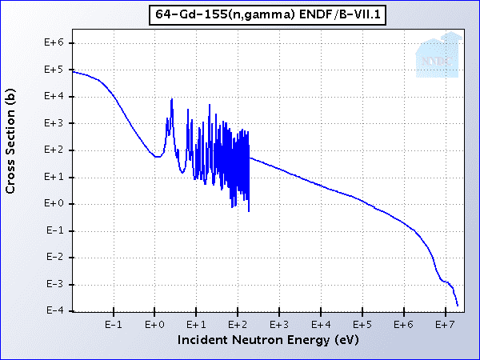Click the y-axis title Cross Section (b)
coord(11,152)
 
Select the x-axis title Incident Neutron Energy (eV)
coord(264,341)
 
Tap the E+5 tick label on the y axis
coord(53,70)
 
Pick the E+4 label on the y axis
coord(53,97)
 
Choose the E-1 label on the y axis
coord(53,231)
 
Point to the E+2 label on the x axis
coord(237,325)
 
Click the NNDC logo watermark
coord(436,56)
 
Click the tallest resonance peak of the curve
coord(172,99)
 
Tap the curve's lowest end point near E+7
coord(458,306)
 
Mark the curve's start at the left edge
coord(73,71)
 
